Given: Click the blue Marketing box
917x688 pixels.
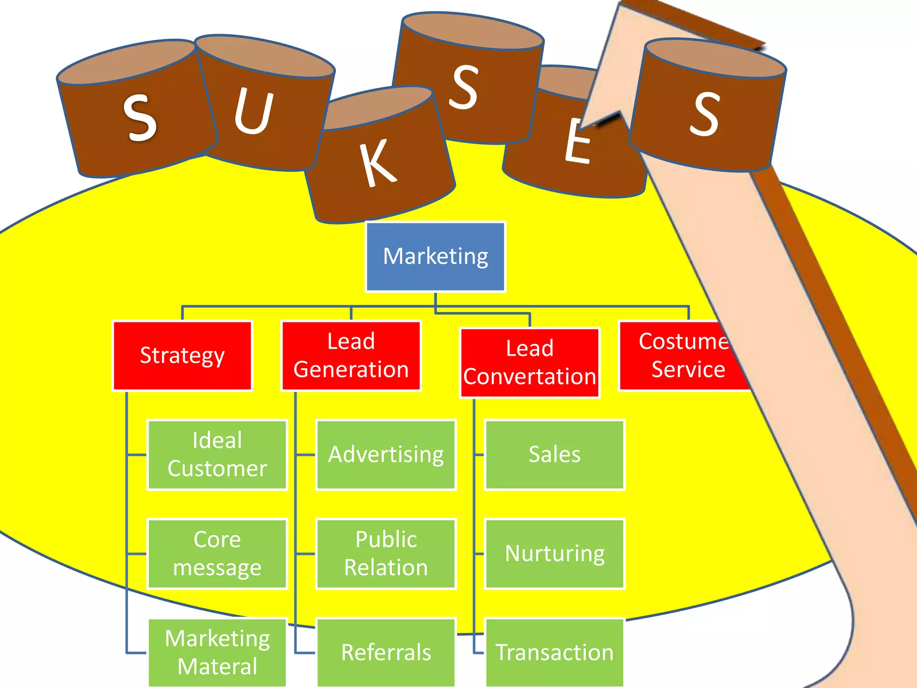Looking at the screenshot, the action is (x=435, y=257).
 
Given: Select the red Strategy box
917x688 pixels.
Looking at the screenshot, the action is (x=182, y=356).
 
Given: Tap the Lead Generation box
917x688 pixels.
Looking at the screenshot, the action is (x=351, y=356).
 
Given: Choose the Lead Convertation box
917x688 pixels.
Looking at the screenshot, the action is (x=530, y=363).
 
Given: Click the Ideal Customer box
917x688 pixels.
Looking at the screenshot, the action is (x=217, y=455).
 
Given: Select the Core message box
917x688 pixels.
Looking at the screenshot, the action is (x=217, y=554).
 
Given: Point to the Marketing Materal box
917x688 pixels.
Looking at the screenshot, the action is (x=217, y=652).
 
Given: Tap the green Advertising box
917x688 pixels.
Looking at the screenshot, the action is (x=386, y=455).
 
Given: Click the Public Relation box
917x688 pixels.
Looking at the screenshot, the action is (x=386, y=554).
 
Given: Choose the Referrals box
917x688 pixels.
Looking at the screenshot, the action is (x=386, y=652).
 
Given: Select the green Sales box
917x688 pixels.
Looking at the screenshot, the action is (x=555, y=455).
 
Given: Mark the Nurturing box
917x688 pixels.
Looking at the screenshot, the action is (x=555, y=554).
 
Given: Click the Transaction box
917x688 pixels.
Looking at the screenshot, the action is (x=555, y=652).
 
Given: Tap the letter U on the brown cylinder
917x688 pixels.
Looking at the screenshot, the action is (x=253, y=112).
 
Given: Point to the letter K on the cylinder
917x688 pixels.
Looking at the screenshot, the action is (x=378, y=163).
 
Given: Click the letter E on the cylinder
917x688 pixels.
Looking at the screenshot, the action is (x=578, y=142).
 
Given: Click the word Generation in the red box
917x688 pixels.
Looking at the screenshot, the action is (x=351, y=370).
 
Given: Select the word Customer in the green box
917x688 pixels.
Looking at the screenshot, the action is (x=217, y=469).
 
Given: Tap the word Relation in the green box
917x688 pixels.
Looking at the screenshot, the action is (x=386, y=568).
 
